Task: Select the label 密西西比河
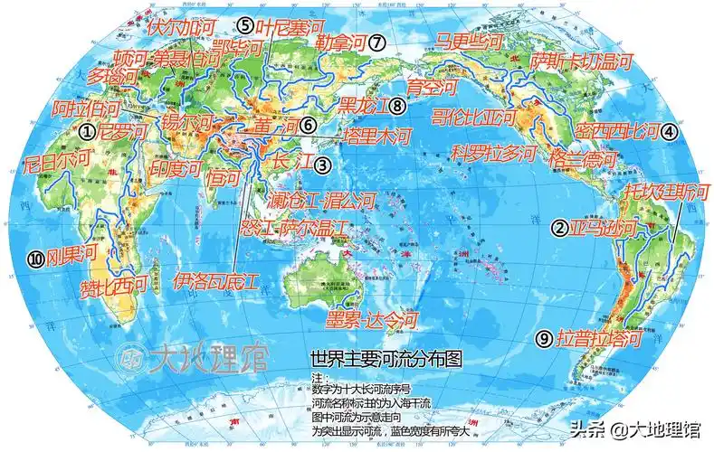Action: [614, 131]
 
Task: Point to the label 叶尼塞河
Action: [287, 26]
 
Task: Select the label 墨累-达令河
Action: [374, 319]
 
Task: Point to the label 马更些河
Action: [470, 42]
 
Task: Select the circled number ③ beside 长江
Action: [322, 165]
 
